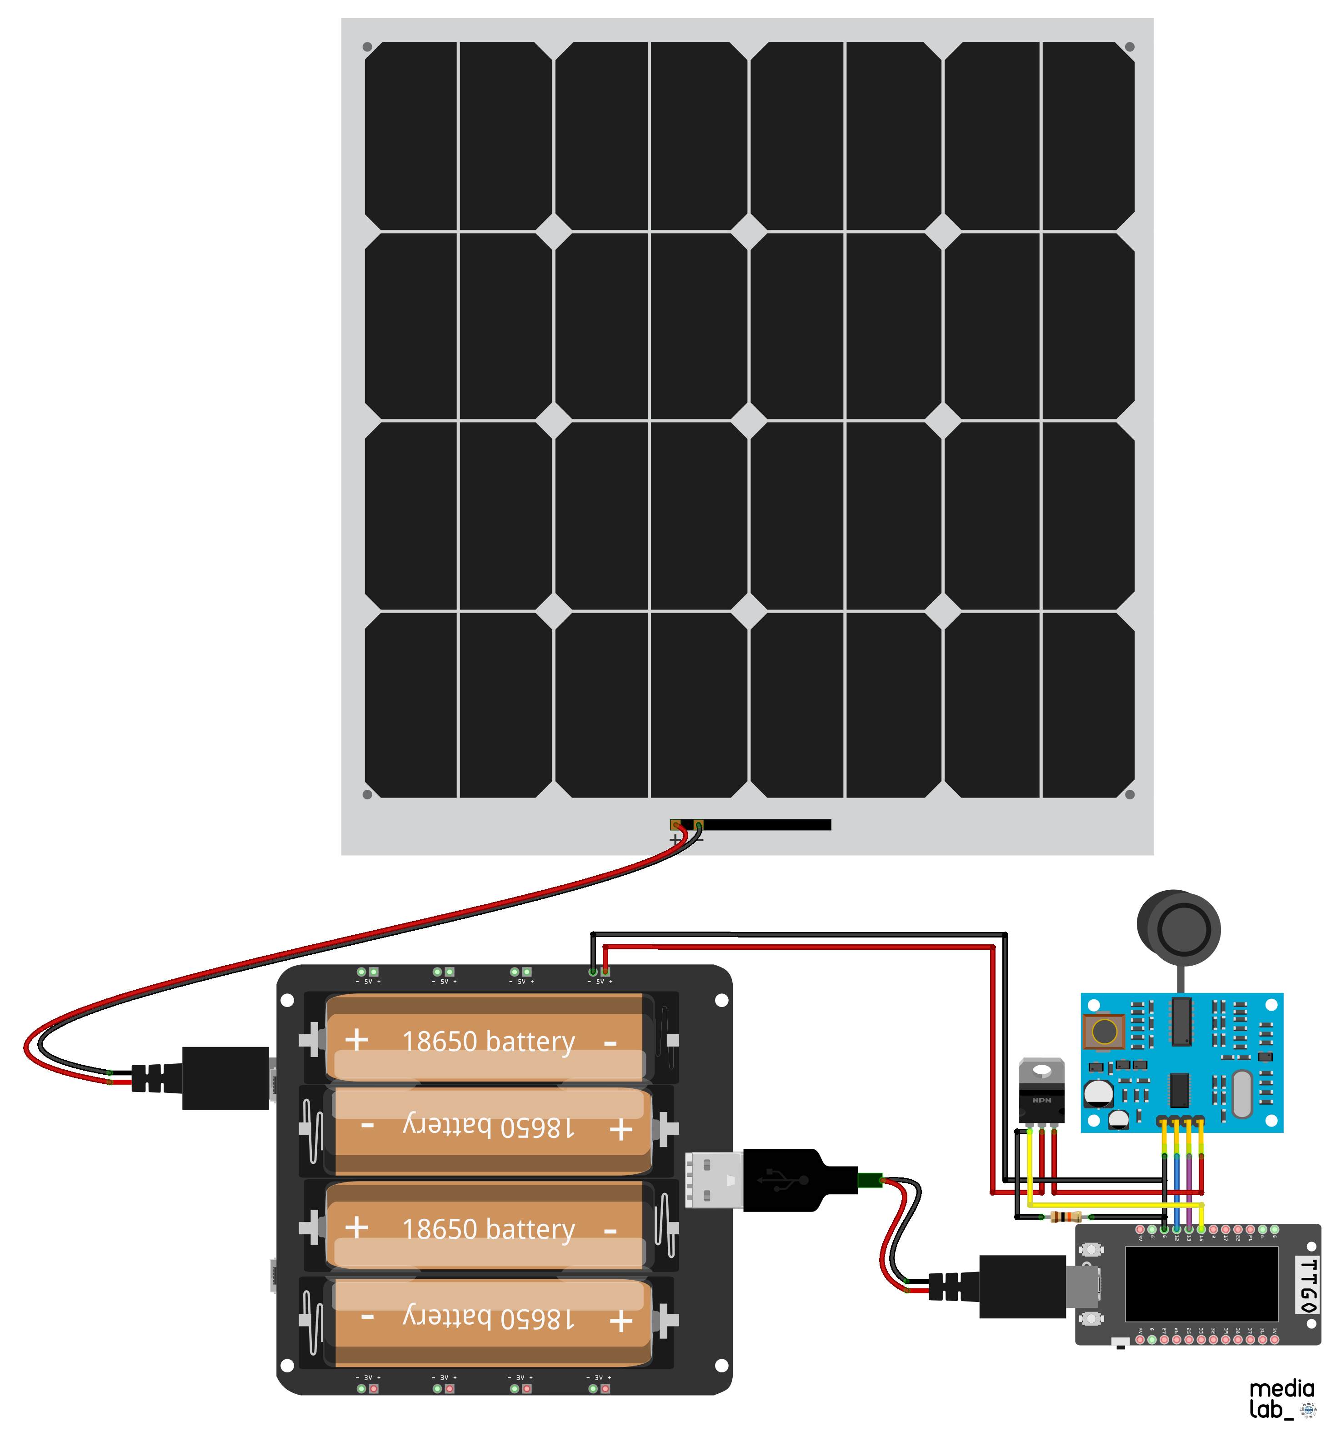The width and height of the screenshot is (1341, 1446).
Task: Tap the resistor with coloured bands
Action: tap(1065, 1216)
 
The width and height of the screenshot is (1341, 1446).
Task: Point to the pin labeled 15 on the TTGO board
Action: tap(1201, 1229)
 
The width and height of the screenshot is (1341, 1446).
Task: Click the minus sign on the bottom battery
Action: tap(368, 1316)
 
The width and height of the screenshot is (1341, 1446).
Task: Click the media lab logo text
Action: tap(1281, 1399)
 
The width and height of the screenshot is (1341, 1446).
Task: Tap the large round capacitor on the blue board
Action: tap(1098, 1092)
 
